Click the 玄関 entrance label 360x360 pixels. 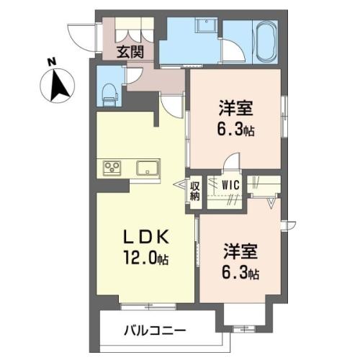130,52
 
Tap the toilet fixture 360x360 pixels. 110,94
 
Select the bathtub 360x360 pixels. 266,42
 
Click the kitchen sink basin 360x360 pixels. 148,168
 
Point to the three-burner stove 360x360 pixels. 112,168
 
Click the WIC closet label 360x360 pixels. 230,185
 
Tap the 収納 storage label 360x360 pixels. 195,192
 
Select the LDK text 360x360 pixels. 145,237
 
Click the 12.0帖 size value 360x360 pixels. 145,258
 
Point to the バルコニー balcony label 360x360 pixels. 155,331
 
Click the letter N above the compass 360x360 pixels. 52,62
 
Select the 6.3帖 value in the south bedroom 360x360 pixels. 240,274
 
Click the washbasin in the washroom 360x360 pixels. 206,26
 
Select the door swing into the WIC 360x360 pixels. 231,161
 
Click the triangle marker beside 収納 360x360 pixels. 179,185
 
